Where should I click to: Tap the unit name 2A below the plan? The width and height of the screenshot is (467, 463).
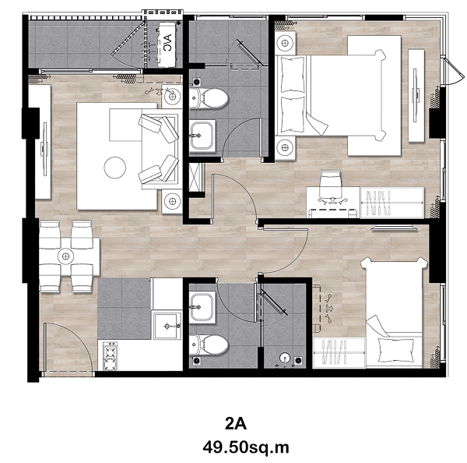click(236, 423)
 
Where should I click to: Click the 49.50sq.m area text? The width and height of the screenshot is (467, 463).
click(246, 447)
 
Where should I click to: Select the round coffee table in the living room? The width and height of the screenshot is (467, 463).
click(115, 168)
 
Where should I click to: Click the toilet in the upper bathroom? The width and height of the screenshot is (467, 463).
click(209, 97)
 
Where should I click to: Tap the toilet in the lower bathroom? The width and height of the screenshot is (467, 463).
click(209, 345)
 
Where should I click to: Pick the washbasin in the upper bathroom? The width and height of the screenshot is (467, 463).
click(202, 136)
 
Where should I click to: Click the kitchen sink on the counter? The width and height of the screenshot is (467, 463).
click(167, 326)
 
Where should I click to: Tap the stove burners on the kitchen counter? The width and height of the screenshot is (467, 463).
click(110, 356)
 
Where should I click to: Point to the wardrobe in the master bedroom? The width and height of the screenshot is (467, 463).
click(392, 203)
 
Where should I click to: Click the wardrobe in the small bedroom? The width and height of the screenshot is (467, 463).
click(339, 352)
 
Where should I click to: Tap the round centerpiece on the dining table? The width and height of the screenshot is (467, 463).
click(66, 256)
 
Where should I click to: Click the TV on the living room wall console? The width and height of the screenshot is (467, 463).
click(44, 149)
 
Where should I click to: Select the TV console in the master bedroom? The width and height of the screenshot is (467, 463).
click(416, 95)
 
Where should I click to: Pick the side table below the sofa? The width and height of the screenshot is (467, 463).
click(172, 201)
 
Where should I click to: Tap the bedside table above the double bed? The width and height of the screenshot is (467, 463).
click(285, 43)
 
